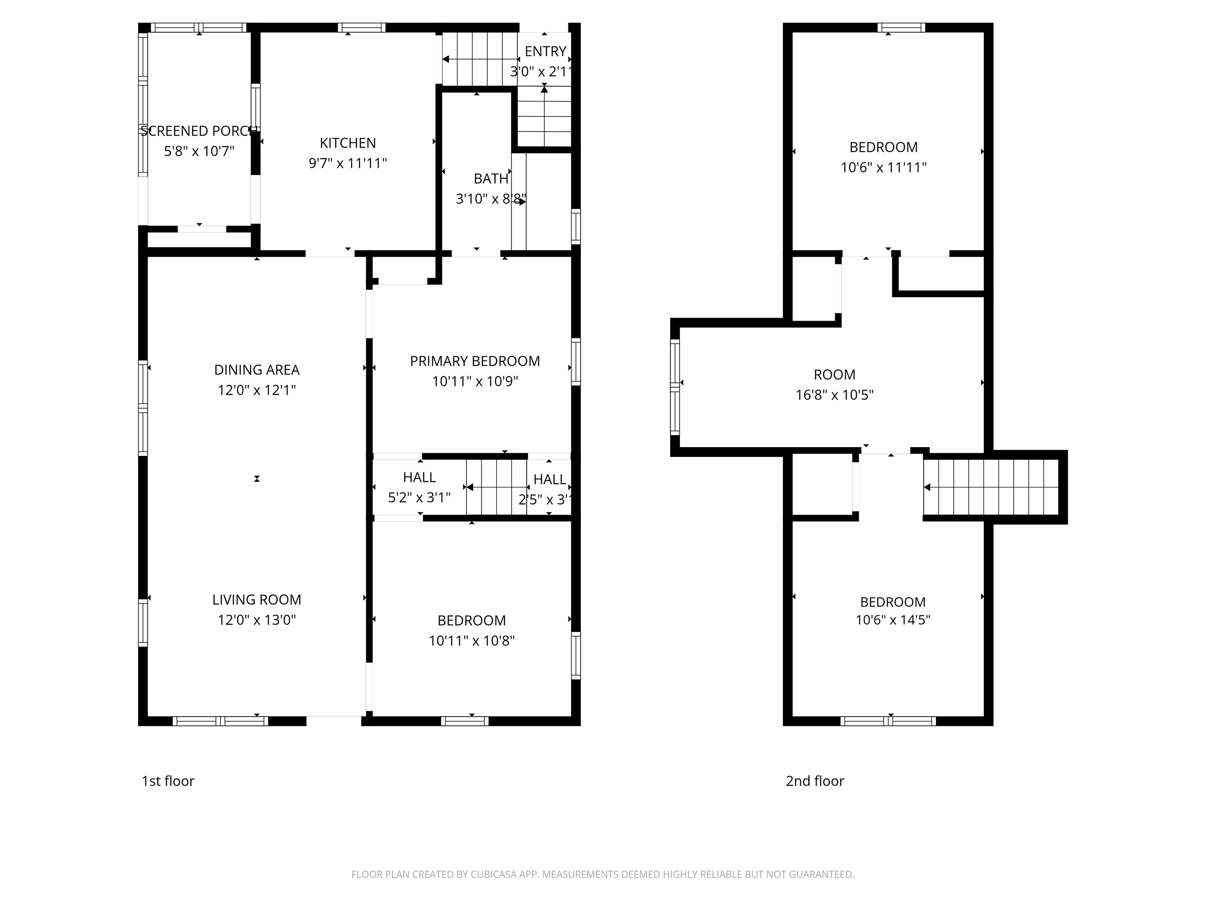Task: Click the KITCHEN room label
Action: [x=348, y=143]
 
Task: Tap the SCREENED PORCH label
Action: [x=199, y=131]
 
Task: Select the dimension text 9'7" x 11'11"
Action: [x=348, y=163]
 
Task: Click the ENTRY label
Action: [x=545, y=51]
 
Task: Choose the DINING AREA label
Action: [x=257, y=370]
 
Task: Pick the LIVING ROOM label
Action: [x=257, y=600]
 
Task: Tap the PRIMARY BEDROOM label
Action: [x=475, y=361]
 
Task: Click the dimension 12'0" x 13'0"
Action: [x=257, y=620]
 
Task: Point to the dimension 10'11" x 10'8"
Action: [x=471, y=640]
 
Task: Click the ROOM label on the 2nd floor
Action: [x=835, y=375]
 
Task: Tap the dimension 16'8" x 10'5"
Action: [x=835, y=395]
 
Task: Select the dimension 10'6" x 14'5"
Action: [x=893, y=620]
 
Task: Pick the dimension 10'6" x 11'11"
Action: [x=884, y=167]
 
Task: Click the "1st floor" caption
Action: [x=168, y=781]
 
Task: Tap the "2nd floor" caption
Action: [x=815, y=781]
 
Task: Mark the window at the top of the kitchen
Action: [x=362, y=28]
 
